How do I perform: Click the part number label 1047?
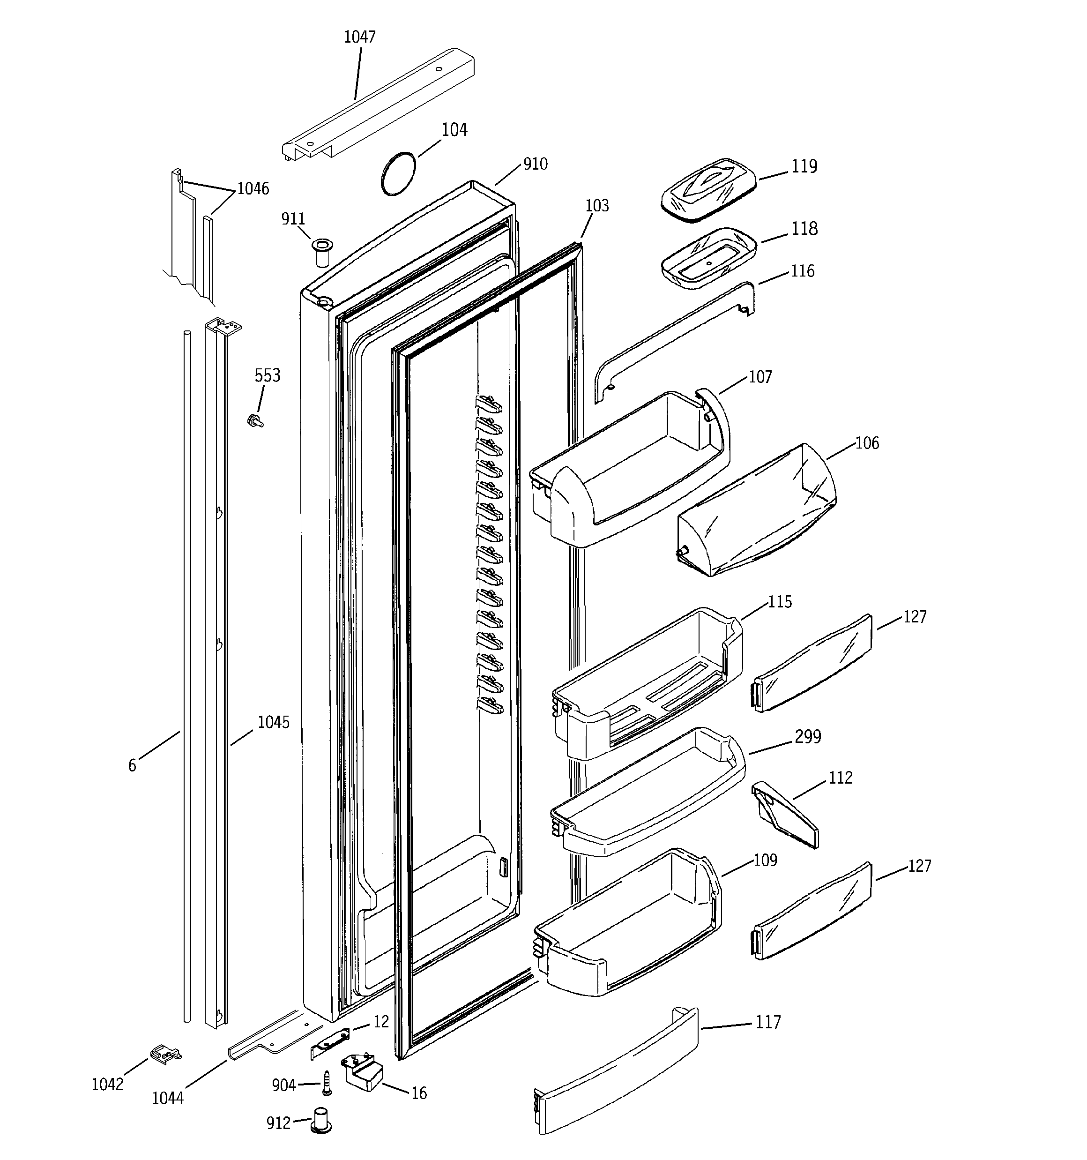[x=359, y=37]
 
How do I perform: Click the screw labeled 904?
[x=327, y=1083]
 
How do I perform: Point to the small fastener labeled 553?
[x=255, y=420]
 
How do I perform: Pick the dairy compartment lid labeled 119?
[x=708, y=190]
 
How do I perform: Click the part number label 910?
[x=535, y=165]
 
